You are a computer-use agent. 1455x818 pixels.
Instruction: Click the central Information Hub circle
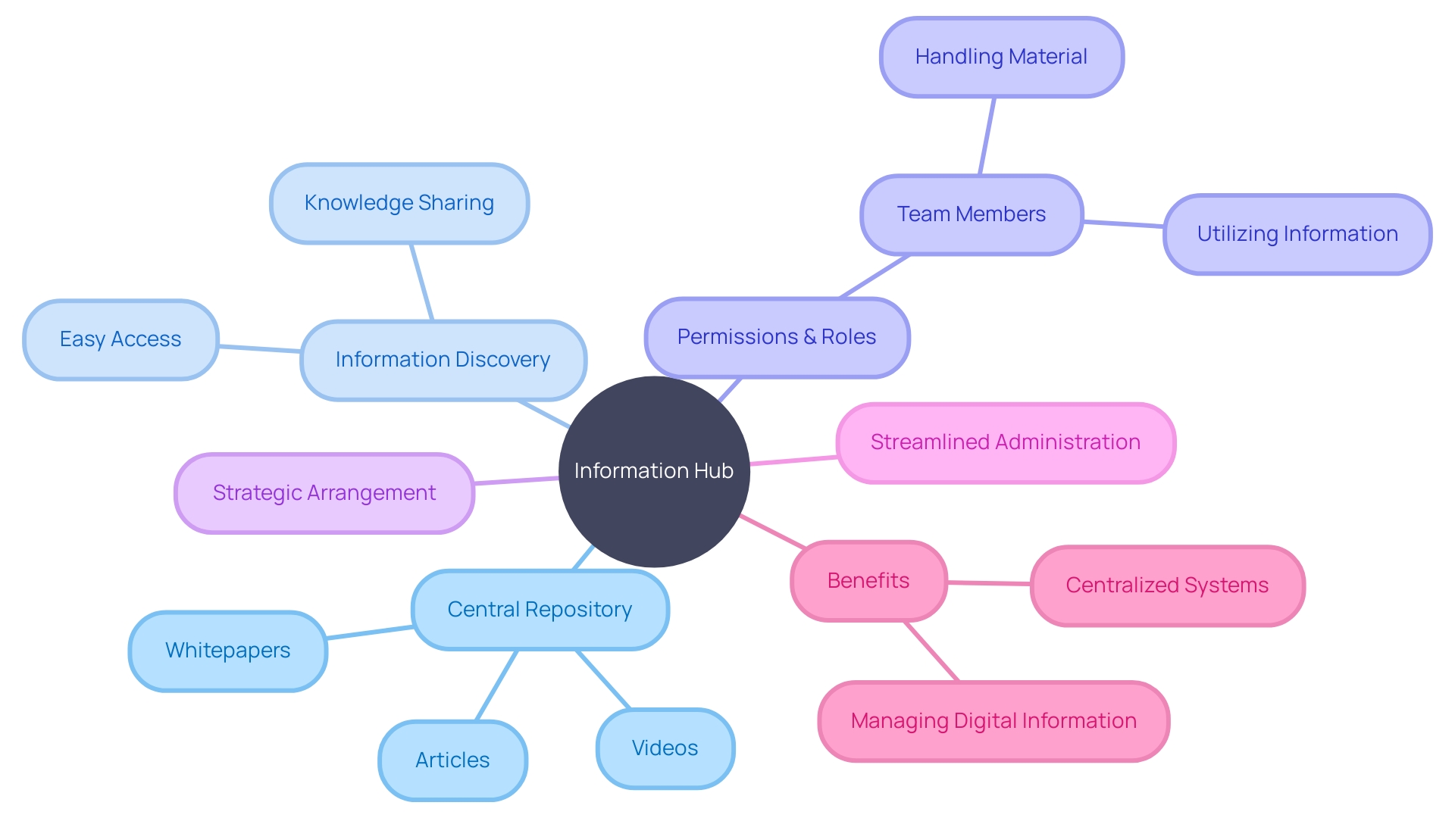654,471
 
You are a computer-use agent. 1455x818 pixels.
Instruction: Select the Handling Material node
1001,58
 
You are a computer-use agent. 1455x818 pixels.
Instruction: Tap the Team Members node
972,215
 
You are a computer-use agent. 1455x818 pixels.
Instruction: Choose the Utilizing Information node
1297,234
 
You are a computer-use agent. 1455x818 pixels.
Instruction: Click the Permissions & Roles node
777,337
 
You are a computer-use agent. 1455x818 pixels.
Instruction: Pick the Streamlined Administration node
1005,443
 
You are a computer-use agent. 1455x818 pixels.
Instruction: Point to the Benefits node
868,581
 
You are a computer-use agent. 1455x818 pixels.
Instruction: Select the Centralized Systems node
1167,585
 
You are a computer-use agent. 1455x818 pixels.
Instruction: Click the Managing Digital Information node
993,721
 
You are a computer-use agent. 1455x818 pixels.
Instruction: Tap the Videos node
665,748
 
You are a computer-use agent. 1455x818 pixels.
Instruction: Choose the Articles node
452,760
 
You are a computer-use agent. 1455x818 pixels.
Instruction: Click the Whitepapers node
227,651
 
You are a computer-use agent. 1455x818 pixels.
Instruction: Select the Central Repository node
540,610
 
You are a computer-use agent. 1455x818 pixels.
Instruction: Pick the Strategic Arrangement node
324,493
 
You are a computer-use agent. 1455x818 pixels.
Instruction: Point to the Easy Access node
120,339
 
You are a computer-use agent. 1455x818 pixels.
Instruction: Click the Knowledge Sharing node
399,203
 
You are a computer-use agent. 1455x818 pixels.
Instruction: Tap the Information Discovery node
443,360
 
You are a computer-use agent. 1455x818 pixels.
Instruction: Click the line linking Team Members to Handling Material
987,136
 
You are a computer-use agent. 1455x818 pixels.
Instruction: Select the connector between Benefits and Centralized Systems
989,583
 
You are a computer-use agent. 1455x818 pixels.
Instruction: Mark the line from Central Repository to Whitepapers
370,632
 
